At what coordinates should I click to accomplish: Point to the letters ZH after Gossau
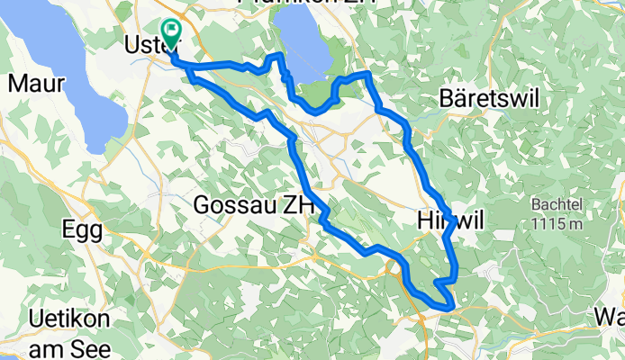click(298, 205)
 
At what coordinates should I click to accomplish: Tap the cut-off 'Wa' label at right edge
click(611, 316)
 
